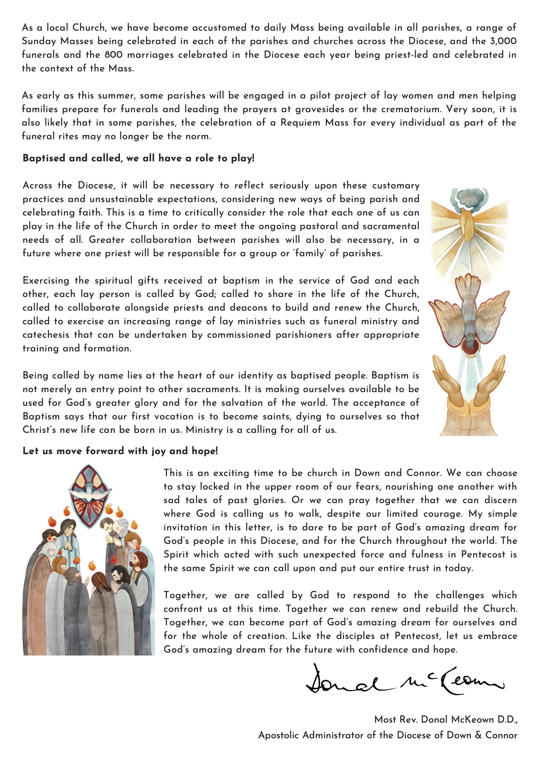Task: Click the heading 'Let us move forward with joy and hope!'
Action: [120, 451]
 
